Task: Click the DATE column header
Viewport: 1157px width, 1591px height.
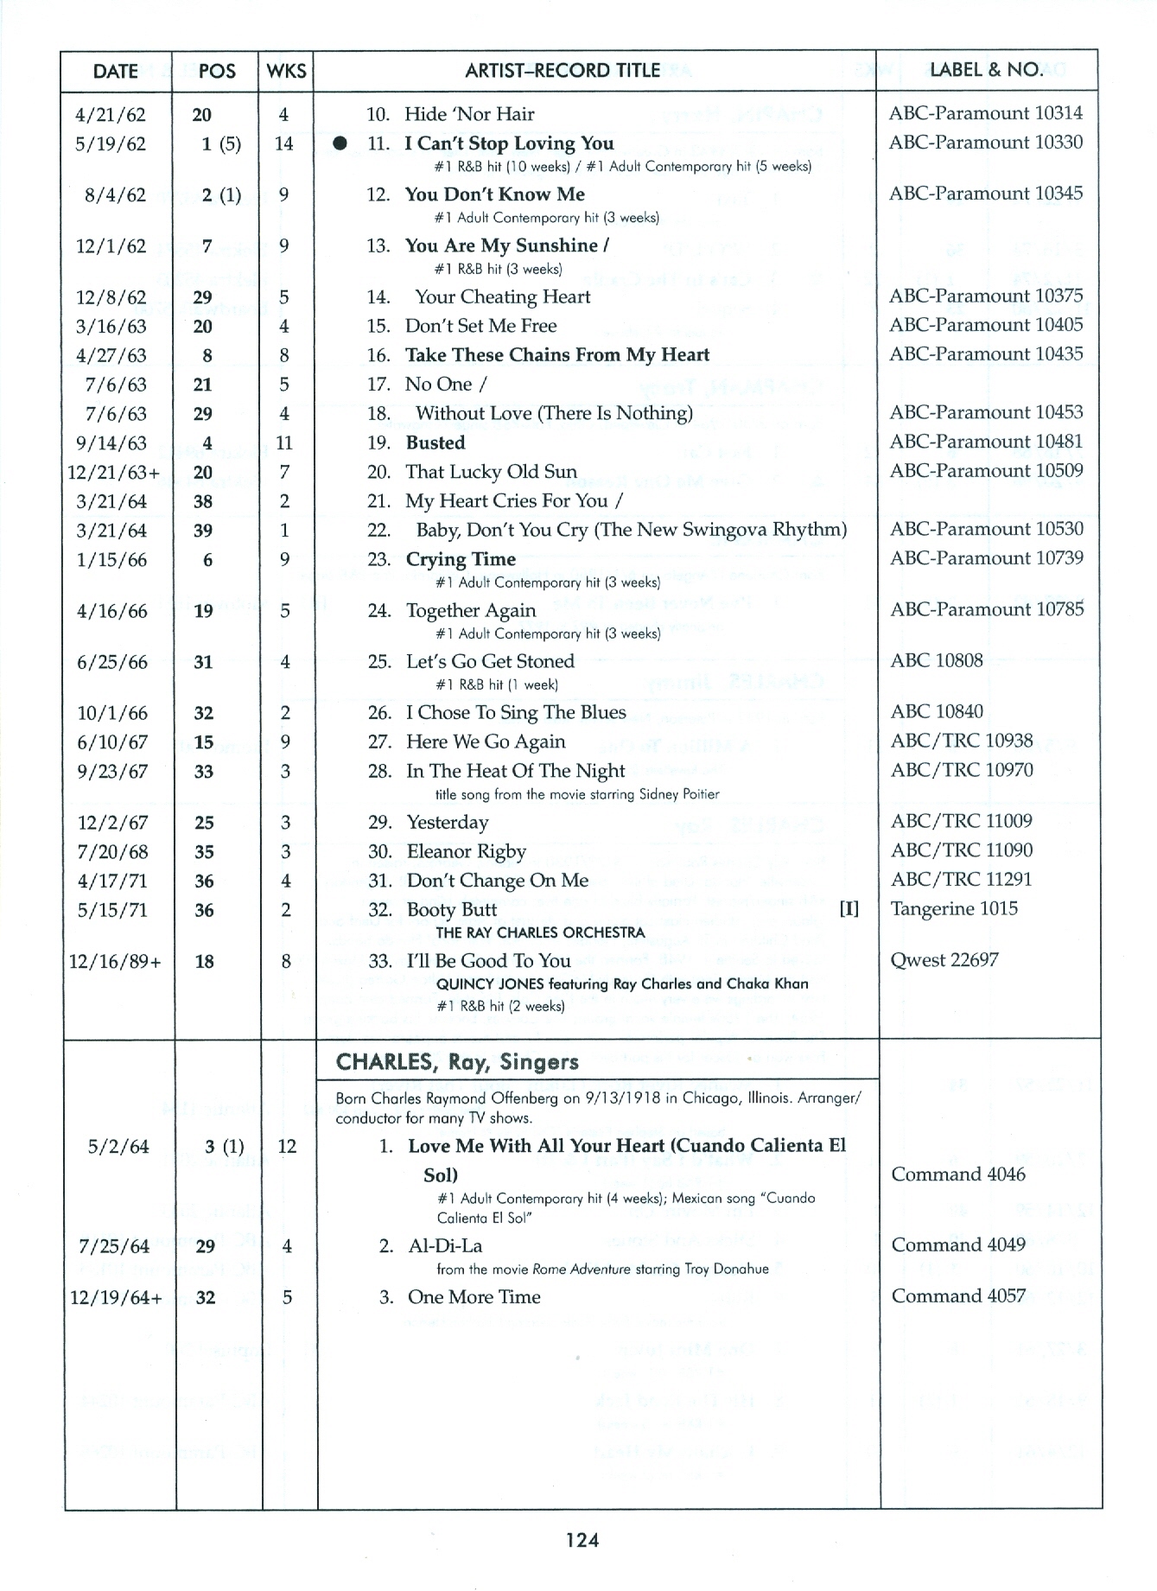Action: click(115, 71)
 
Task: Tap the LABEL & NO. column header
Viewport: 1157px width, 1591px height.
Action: click(985, 70)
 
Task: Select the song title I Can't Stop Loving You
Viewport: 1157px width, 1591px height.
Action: click(509, 143)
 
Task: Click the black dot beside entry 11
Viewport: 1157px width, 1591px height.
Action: click(341, 143)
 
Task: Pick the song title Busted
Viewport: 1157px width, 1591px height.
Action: click(435, 443)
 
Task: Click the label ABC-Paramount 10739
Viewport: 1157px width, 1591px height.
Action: click(986, 558)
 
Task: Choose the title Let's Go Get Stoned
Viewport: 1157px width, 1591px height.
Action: click(490, 662)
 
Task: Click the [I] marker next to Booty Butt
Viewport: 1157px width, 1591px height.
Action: click(849, 909)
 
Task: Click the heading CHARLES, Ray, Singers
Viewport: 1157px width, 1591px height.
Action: click(445, 1062)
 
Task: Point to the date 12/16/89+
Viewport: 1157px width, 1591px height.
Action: click(115, 962)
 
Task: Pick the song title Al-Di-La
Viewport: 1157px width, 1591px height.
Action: click(445, 1246)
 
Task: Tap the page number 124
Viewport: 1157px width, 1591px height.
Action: click(582, 1539)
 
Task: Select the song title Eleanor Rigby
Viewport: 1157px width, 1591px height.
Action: click(466, 852)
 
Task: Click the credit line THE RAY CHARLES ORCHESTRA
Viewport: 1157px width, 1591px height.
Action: click(540, 932)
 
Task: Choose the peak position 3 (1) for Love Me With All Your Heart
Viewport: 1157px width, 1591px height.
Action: click(224, 1147)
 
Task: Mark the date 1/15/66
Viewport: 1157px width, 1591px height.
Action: click(112, 560)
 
